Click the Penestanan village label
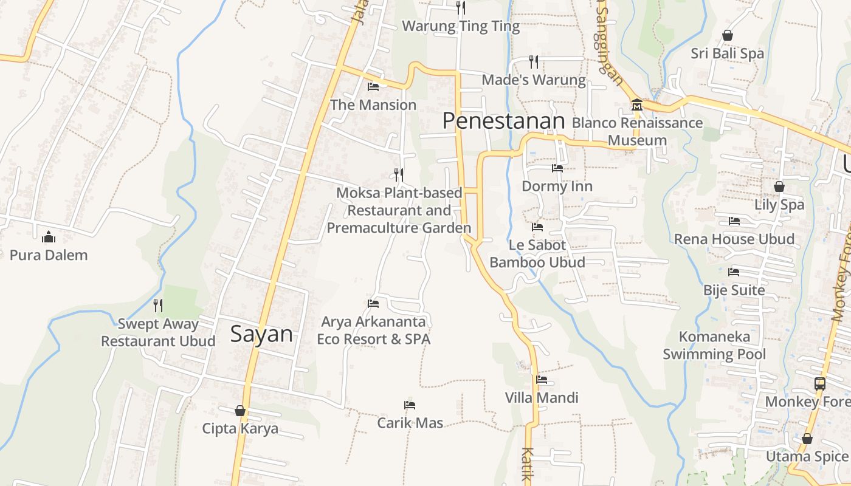(x=503, y=121)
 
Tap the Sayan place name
(x=261, y=334)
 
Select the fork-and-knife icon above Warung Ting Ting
(x=461, y=7)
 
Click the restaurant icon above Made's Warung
(x=533, y=61)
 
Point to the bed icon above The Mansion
(x=373, y=87)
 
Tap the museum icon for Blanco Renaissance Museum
(x=636, y=104)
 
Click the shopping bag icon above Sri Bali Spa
(x=727, y=35)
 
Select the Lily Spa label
(x=779, y=205)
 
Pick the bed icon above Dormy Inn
(x=557, y=168)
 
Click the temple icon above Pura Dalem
(x=49, y=237)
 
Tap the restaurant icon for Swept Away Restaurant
(x=158, y=305)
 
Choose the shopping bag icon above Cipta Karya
(x=240, y=411)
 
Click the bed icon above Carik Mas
(x=410, y=405)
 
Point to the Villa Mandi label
(x=542, y=398)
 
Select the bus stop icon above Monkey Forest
(x=819, y=383)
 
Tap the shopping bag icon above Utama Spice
(x=807, y=438)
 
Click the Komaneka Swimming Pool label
(x=714, y=345)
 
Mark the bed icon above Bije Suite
(x=734, y=272)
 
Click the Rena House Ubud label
(x=734, y=239)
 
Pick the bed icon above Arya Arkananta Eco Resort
(x=373, y=303)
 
